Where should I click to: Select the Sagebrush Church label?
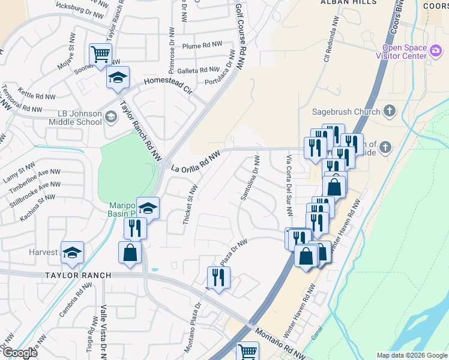(346, 111)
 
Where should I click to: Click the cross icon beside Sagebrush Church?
(390, 110)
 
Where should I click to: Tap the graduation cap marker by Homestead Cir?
(118, 77)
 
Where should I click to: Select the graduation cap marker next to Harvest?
(72, 253)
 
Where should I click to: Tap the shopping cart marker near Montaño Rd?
(247, 351)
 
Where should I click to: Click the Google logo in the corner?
(20, 353)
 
